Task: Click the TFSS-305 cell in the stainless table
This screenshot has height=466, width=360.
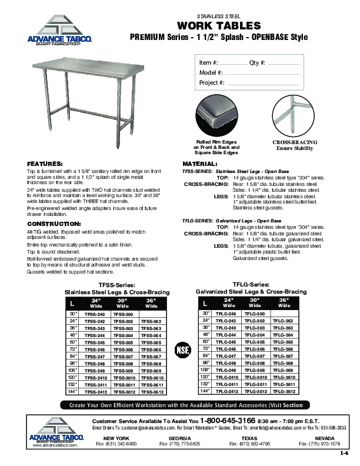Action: (x=124, y=342)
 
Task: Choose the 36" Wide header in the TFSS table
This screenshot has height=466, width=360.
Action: (x=151, y=304)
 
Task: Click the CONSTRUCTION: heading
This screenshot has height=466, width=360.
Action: (x=54, y=224)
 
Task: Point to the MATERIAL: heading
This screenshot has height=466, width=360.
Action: (x=200, y=163)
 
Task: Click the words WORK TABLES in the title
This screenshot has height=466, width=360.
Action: (x=219, y=26)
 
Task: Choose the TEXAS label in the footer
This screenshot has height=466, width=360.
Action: (x=249, y=439)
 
